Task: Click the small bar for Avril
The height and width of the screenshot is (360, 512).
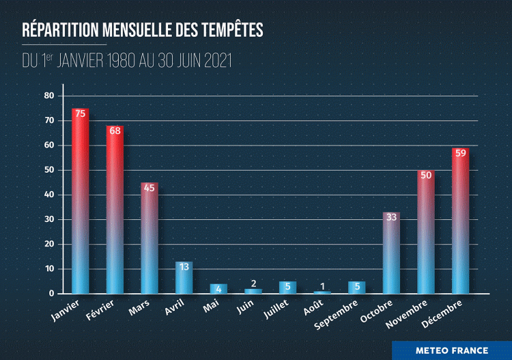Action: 184,278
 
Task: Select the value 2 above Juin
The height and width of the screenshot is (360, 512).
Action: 253,283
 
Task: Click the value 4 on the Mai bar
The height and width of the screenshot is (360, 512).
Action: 218,288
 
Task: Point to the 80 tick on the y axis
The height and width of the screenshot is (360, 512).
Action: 48,96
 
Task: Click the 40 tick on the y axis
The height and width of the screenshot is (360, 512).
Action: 48,195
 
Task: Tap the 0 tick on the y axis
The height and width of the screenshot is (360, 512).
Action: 51,294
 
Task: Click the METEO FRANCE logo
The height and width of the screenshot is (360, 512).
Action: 451,350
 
